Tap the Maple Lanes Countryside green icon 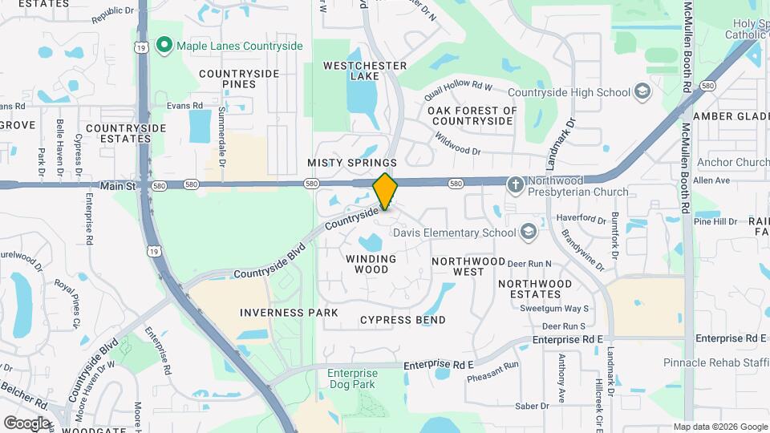tap(165, 46)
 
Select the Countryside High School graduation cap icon tap(642, 92)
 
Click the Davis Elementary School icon tap(528, 233)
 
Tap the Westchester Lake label tap(365, 71)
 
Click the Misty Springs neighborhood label tap(352, 163)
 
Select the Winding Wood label tap(371, 264)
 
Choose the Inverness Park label tap(289, 312)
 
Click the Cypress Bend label tap(403, 320)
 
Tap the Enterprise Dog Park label tap(352, 378)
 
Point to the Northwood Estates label tap(535, 289)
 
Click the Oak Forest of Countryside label tap(472, 115)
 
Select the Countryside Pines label tap(239, 79)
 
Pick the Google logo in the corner tap(26, 423)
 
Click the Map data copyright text tap(719, 427)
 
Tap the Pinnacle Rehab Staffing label tap(716, 362)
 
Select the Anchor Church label tap(733, 163)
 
